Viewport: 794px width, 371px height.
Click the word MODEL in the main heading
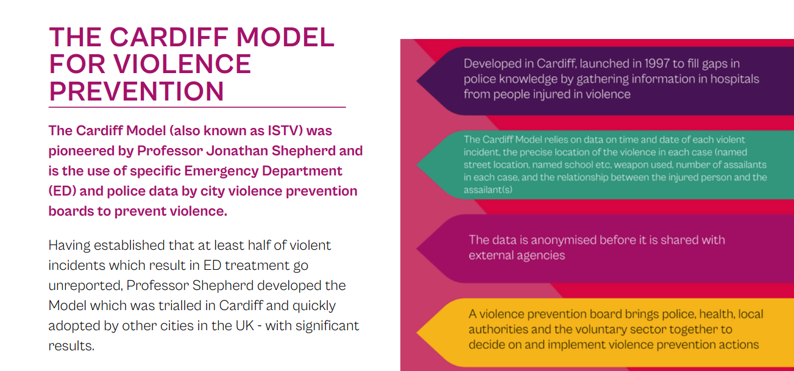pos(285,37)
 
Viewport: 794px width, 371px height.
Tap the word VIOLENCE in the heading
pos(182,64)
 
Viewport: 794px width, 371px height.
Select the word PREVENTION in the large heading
pos(136,91)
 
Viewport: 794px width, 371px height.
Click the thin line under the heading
pos(197,107)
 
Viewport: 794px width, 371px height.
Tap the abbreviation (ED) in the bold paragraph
pos(62,191)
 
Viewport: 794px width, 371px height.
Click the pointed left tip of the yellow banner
pos(417,333)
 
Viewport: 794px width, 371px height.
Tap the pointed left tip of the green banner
pos(417,164)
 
